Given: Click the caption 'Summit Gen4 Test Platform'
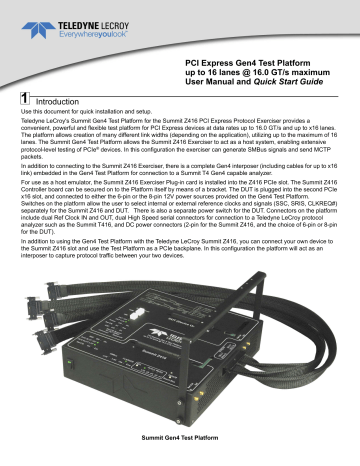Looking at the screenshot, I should tap(180, 458).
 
